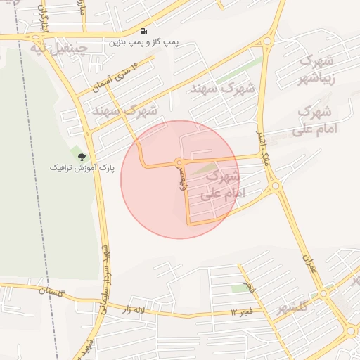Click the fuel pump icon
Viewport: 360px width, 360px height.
[144, 32]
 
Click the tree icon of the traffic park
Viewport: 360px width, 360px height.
[82, 156]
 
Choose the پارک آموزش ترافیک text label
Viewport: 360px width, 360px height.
[82, 168]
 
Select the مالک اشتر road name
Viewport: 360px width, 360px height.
[265, 144]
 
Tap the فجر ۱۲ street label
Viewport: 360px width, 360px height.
[242, 311]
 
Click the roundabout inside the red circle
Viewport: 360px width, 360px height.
[180, 163]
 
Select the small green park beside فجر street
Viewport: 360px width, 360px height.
[240, 288]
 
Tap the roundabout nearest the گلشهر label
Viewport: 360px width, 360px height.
[323, 293]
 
